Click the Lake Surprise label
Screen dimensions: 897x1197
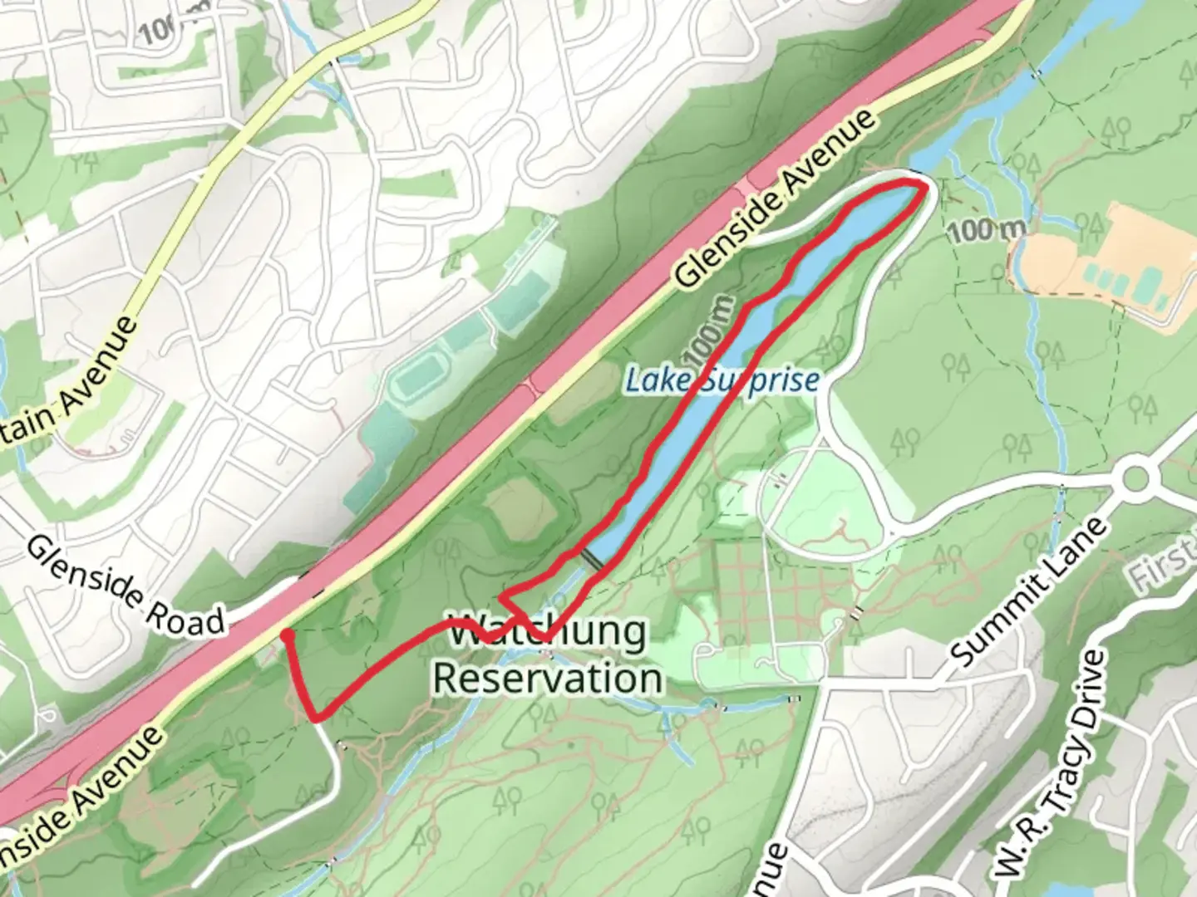coord(722,380)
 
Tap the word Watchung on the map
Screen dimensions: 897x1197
coord(547,633)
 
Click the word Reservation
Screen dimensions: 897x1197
coord(547,678)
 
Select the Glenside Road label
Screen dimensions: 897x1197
coord(126,585)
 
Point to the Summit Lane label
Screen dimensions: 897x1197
coord(1031,591)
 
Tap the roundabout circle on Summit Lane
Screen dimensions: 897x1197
coord(1135,479)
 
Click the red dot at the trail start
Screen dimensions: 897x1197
coord(285,635)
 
